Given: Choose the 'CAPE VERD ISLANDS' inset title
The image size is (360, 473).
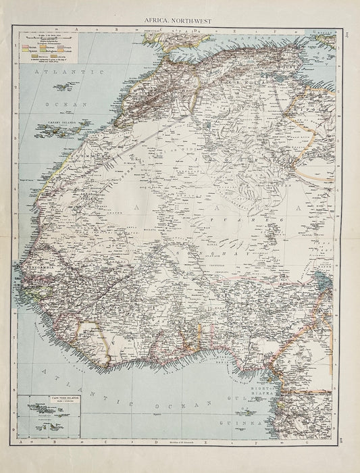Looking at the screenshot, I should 49,399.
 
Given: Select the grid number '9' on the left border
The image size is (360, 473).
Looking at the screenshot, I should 13,428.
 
